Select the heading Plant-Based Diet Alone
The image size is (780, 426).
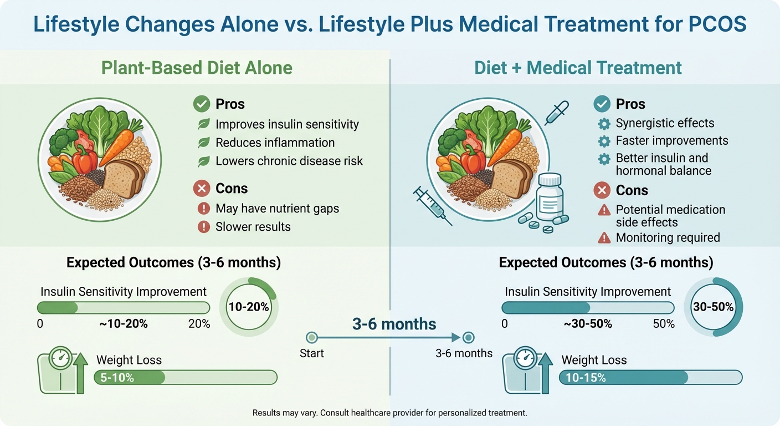pos(197,68)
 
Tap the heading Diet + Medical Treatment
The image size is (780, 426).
pos(578,68)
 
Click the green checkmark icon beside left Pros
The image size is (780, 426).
pos(201,104)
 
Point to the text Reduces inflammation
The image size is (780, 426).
pos(275,143)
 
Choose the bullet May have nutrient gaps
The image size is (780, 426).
pos(277,209)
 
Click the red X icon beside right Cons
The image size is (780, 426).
pos(602,190)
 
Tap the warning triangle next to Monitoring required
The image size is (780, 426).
pos(603,238)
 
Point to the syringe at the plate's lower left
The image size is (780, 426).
pos(432,205)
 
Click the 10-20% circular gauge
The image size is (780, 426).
pos(249,307)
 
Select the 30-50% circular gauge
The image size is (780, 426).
pos(714,307)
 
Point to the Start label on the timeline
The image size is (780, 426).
pos(311,353)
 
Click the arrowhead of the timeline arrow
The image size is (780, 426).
pos(457,337)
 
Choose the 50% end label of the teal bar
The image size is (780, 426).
pos(664,324)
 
